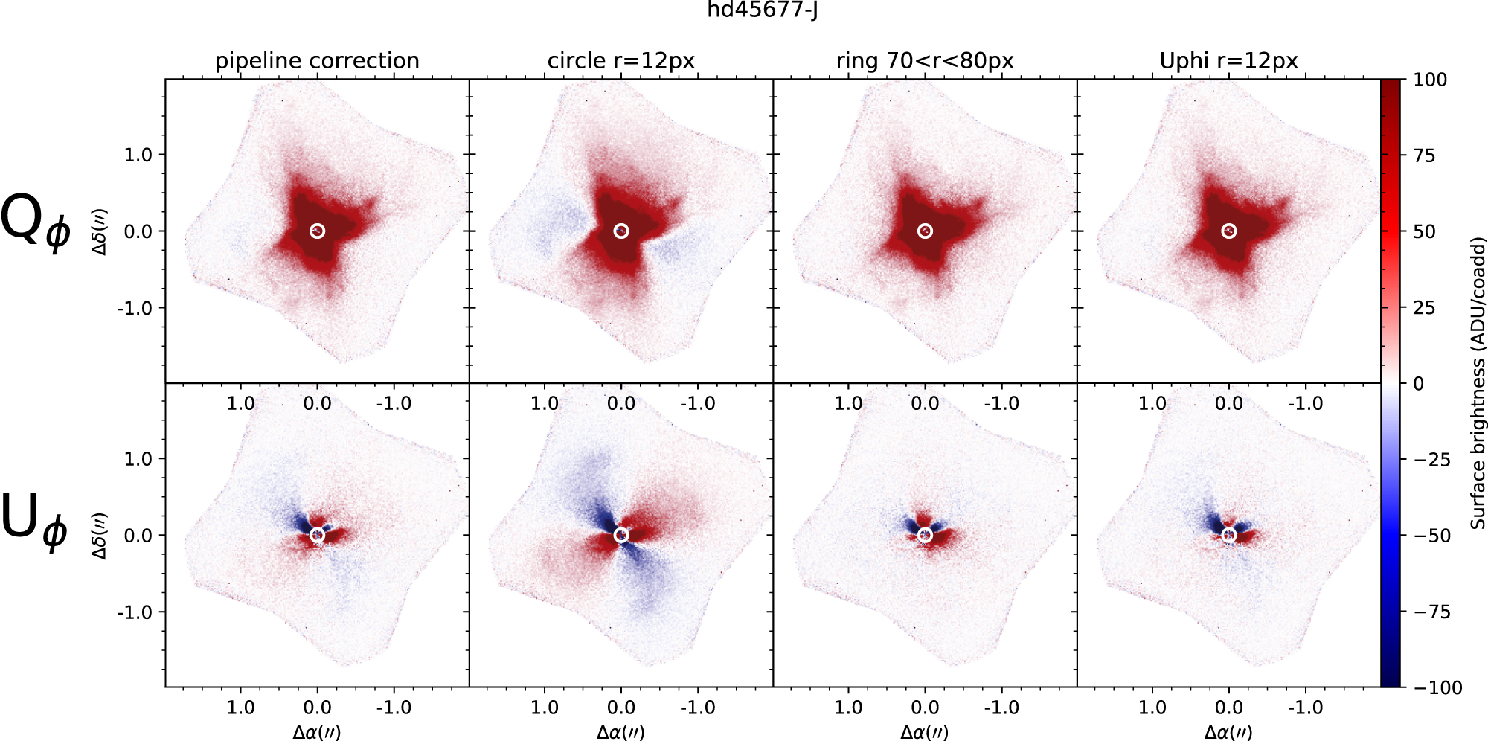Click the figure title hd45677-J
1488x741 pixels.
click(x=762, y=10)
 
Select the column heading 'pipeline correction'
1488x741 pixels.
click(x=317, y=61)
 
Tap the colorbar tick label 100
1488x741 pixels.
click(x=1429, y=80)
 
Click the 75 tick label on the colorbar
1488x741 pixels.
click(x=1424, y=155)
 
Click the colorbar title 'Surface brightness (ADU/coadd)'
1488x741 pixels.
click(x=1478, y=383)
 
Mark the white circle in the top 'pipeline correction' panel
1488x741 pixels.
click(x=318, y=231)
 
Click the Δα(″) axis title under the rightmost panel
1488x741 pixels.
click(x=1228, y=732)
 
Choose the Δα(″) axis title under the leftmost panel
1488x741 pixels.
click(x=317, y=732)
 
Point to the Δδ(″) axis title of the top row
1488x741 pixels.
click(x=99, y=231)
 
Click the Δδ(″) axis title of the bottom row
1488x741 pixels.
click(x=99, y=536)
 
